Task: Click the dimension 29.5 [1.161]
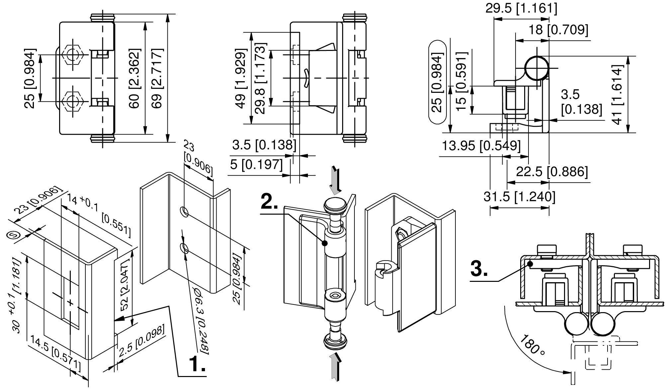(x=521, y=8)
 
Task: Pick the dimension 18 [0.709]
(x=558, y=30)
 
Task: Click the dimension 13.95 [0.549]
(x=481, y=146)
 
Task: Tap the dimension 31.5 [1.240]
(x=519, y=197)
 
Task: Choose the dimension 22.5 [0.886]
(x=552, y=172)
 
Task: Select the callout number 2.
(x=269, y=201)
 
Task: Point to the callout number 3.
(x=479, y=269)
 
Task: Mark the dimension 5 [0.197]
(x=256, y=164)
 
